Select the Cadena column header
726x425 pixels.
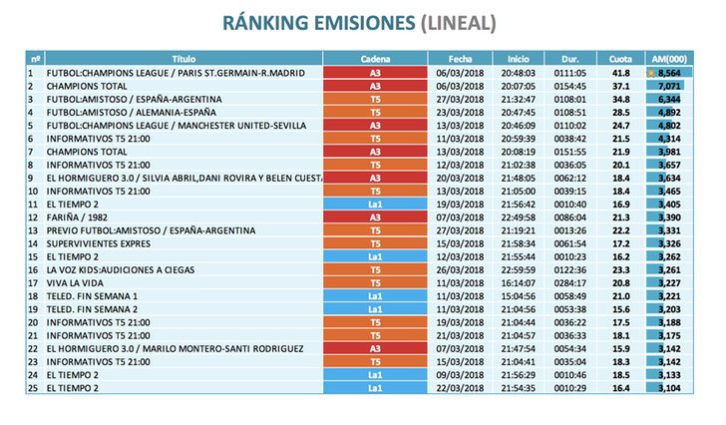(374, 60)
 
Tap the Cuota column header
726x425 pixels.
(620, 60)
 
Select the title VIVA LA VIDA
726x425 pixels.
(72, 281)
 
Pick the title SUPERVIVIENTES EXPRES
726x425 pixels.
(91, 242)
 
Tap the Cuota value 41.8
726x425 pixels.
(620, 73)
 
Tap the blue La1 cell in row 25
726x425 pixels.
(374, 386)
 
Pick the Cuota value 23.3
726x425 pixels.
(620, 268)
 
